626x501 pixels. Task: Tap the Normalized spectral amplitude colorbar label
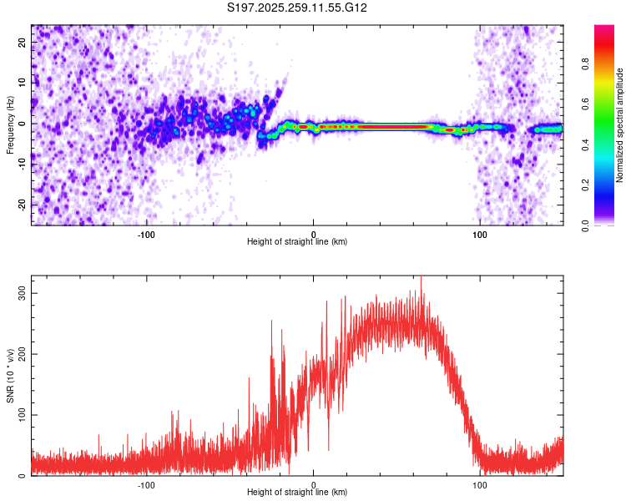[620, 125]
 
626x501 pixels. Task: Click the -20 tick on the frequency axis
[21, 205]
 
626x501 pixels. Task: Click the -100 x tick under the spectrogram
[147, 234]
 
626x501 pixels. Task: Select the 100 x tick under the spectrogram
[480, 234]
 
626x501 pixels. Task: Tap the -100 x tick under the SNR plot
[147, 484]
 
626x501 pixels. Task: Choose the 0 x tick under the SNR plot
[314, 484]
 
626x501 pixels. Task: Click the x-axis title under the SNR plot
[297, 493]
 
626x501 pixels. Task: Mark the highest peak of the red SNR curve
[421, 277]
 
